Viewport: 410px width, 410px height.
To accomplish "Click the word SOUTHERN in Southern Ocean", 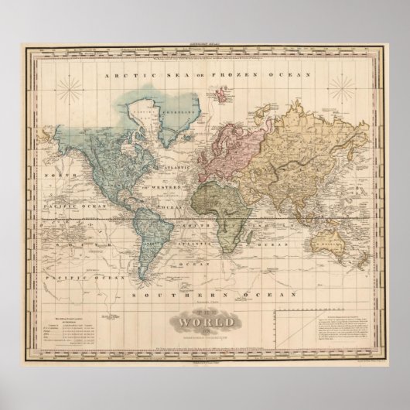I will coord(178,295).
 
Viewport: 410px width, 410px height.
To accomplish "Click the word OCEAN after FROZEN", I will coord(289,75).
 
